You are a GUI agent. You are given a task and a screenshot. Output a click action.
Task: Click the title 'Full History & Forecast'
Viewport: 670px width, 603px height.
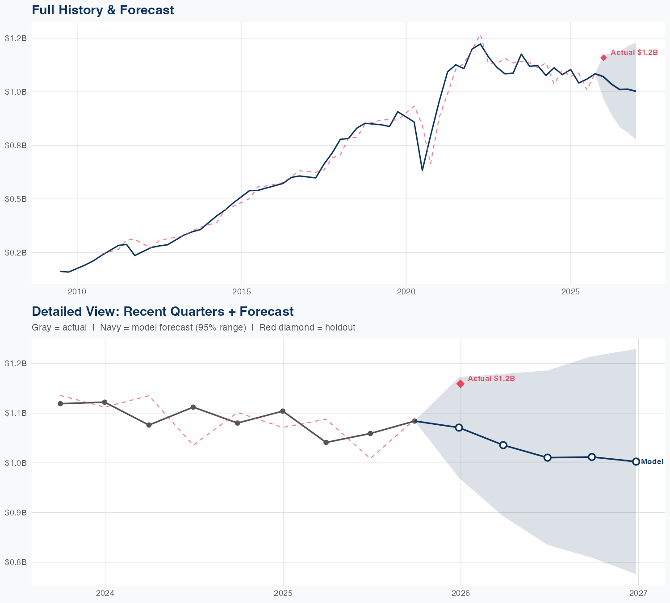click(103, 10)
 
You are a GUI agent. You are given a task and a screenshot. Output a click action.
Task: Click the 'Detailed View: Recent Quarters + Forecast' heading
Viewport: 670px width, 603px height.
click(163, 311)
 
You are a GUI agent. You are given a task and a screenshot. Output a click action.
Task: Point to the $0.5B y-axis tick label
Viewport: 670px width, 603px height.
click(16, 199)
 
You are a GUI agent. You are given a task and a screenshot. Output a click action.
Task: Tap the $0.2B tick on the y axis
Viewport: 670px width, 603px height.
click(16, 252)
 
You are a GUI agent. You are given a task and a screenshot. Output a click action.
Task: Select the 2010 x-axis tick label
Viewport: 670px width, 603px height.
click(77, 292)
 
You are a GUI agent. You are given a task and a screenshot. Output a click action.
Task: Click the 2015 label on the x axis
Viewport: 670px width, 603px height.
click(241, 292)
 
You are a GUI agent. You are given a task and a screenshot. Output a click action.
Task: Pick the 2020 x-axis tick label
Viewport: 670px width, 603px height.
click(406, 292)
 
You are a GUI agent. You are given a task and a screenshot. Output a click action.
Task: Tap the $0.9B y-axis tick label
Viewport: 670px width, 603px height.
click(16, 512)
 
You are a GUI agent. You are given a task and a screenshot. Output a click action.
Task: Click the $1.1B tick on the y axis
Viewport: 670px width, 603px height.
click(16, 413)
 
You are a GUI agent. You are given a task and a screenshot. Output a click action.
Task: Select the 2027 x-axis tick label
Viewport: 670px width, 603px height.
click(638, 593)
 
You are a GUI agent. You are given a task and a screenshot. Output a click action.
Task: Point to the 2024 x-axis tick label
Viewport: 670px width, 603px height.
click(105, 593)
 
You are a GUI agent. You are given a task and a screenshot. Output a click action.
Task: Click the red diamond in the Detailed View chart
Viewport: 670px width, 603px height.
click(461, 384)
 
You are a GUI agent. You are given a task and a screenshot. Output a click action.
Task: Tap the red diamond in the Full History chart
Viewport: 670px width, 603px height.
click(603, 58)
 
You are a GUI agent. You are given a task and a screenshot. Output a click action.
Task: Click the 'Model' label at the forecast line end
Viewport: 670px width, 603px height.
click(652, 462)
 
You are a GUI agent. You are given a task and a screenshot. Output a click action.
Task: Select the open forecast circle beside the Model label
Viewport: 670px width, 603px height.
click(636, 461)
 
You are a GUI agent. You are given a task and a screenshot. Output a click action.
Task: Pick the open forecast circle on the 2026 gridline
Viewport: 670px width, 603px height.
click(459, 427)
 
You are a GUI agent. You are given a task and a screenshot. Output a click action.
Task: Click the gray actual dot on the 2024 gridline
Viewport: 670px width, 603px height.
click(105, 402)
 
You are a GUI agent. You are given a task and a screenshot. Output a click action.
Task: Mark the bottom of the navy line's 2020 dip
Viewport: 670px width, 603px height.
click(422, 170)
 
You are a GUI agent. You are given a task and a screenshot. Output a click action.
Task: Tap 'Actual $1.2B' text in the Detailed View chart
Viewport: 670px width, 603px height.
click(491, 378)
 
